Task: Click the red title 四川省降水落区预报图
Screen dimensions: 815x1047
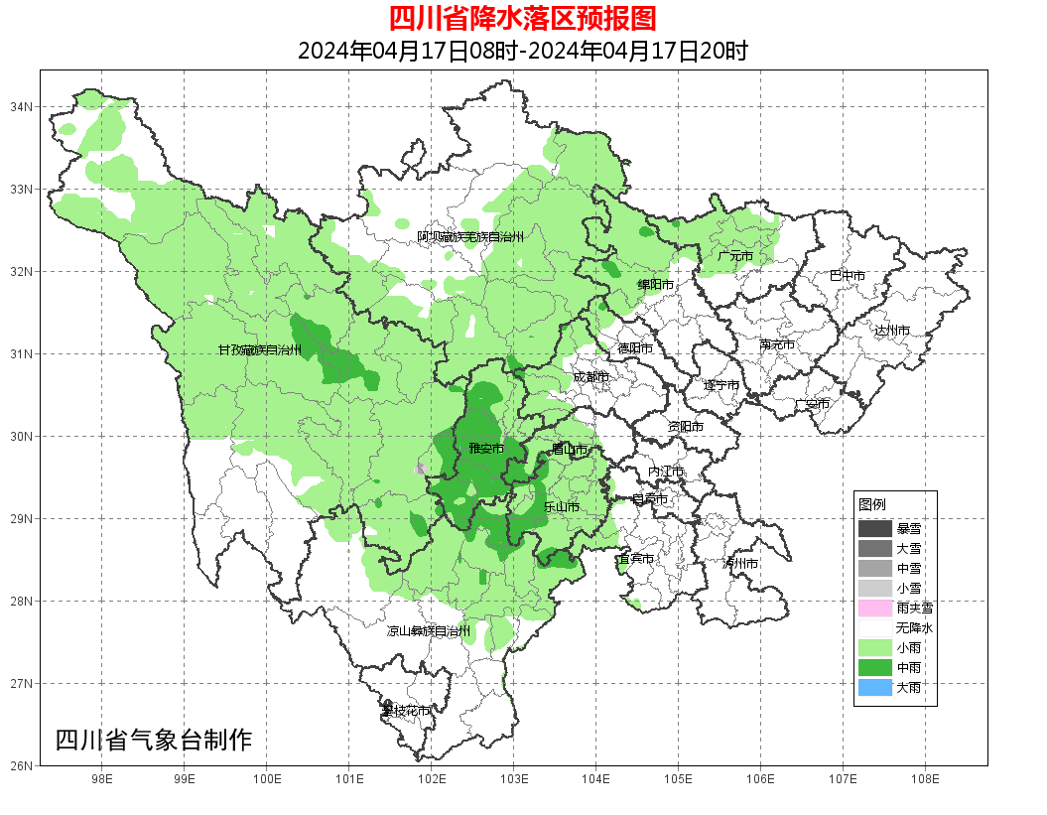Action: point(522,18)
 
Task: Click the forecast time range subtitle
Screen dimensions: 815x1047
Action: point(522,51)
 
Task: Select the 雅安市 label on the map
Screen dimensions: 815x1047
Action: point(486,449)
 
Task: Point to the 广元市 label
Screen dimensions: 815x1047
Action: point(735,256)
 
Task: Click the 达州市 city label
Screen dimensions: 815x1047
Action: point(892,330)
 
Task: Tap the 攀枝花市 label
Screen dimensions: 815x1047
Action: point(407,711)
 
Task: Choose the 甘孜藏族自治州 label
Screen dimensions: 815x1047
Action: point(260,349)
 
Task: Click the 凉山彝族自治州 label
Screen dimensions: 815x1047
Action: point(428,631)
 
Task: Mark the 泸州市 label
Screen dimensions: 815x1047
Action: point(740,563)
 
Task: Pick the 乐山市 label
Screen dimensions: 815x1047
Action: point(562,506)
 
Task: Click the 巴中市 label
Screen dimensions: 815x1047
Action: point(847,275)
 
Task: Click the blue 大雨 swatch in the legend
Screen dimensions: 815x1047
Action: point(875,687)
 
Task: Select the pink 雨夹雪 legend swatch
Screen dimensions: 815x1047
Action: point(875,608)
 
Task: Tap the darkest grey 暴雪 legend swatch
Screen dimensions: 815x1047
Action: point(875,528)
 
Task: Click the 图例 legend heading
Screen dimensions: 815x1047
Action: point(872,504)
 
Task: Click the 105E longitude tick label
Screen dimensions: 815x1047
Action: point(678,779)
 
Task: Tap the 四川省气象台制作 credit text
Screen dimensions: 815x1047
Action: point(154,740)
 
